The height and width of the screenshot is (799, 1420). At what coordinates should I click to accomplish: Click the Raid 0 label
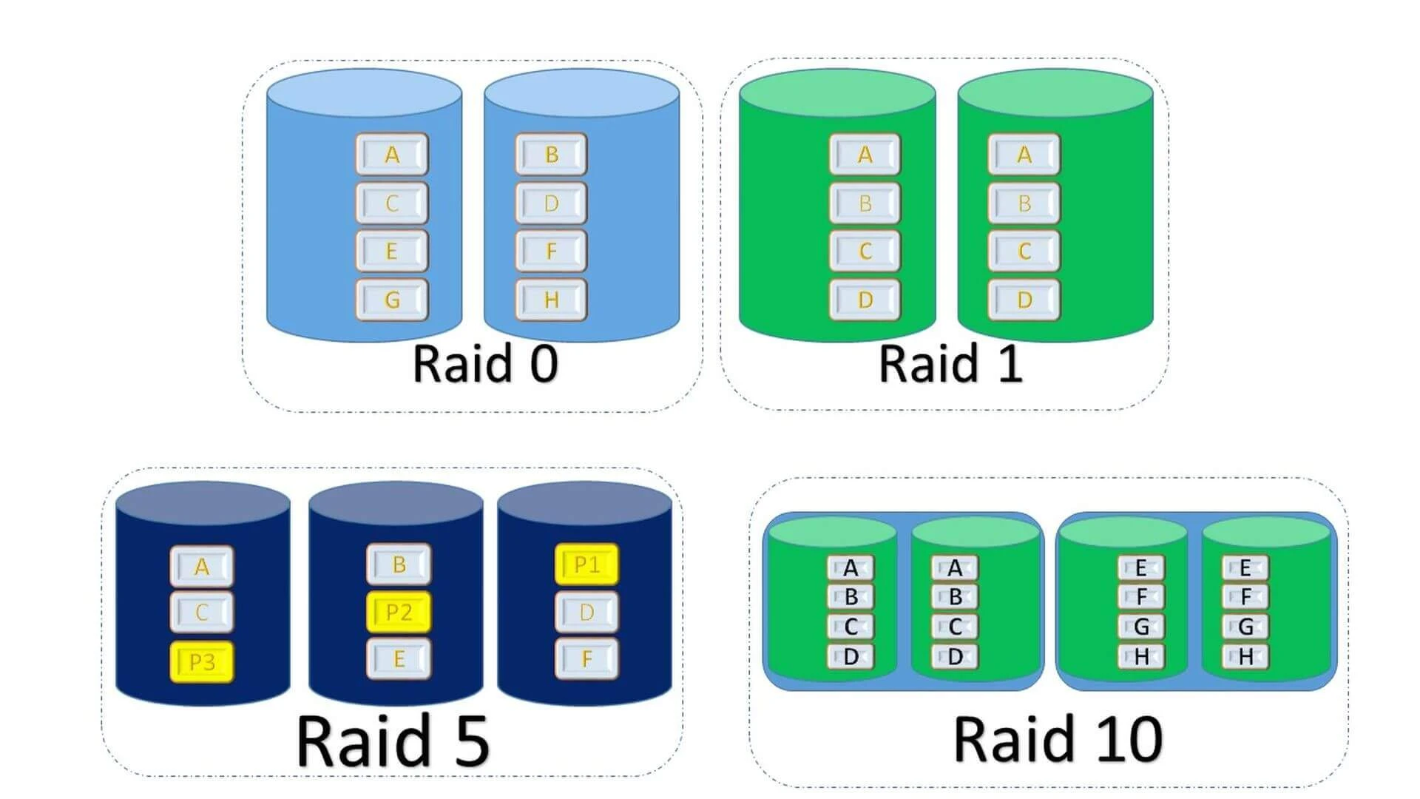[484, 364]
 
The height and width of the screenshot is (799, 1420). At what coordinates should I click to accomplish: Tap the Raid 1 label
[950, 364]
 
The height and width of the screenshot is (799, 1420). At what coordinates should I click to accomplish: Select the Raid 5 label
[393, 741]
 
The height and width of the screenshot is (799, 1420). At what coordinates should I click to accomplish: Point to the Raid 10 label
[1058, 739]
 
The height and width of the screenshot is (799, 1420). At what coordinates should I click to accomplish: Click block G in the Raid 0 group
[392, 300]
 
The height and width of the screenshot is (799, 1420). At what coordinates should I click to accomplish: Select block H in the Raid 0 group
[551, 300]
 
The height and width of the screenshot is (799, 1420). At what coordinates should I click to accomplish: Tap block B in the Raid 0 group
[551, 155]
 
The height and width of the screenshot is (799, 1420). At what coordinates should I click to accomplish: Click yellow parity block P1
[586, 565]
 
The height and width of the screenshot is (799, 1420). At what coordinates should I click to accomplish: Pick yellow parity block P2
[399, 612]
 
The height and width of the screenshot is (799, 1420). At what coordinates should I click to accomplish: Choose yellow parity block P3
[202, 661]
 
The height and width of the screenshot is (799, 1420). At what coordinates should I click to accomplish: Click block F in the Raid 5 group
[586, 658]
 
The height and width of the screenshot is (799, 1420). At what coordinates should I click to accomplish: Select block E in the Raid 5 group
[399, 658]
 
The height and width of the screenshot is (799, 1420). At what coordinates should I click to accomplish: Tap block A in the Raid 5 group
[202, 567]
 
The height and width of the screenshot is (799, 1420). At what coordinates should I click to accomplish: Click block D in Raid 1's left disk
[865, 300]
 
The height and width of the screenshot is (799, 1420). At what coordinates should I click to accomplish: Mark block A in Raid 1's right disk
[1024, 155]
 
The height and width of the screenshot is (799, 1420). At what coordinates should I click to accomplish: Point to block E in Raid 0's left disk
[392, 252]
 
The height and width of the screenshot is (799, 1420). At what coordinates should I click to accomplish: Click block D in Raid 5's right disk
[586, 612]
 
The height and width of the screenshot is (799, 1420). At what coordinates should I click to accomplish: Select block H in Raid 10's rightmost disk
[1245, 656]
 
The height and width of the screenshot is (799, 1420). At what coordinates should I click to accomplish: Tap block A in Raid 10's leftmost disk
[851, 568]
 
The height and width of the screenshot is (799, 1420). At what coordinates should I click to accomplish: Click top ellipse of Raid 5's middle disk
[396, 505]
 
